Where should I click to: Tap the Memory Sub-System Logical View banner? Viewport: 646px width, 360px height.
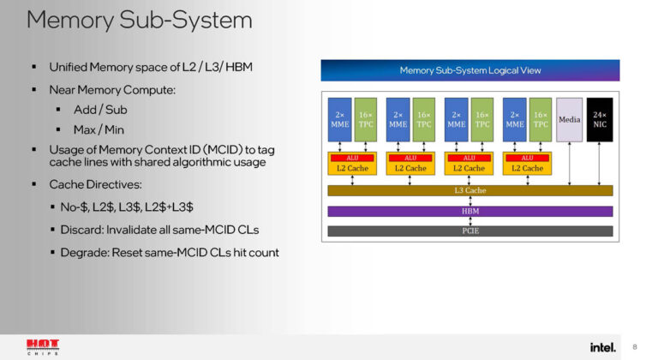point(470,70)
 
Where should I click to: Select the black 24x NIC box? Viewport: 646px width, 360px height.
point(600,120)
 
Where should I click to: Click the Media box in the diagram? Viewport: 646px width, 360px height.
point(569,120)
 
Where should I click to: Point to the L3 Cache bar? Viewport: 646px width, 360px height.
point(470,190)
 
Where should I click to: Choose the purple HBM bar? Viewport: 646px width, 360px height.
point(470,211)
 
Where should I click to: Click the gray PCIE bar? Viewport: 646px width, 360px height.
point(470,231)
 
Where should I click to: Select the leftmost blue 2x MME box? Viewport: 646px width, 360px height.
point(339,120)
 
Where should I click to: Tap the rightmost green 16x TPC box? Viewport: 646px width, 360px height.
point(541,120)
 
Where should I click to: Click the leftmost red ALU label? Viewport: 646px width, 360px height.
point(352,158)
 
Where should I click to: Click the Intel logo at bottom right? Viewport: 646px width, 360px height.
point(602,345)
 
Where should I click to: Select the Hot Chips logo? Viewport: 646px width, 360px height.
point(42,345)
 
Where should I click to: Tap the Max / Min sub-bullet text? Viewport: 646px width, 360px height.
point(99,130)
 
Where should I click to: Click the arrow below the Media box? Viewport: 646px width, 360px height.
point(569,164)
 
